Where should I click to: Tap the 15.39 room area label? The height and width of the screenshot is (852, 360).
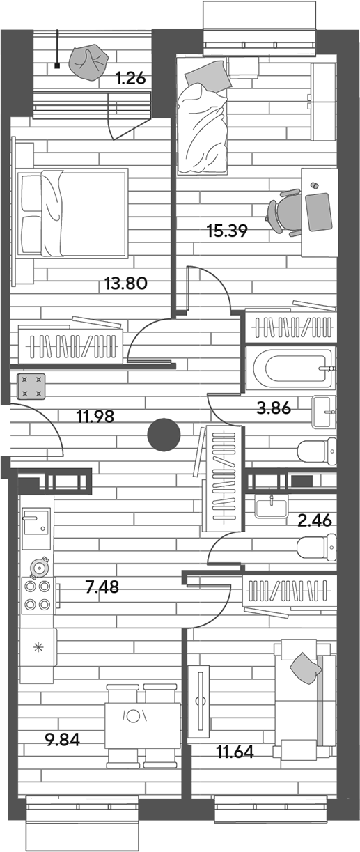click(x=227, y=231)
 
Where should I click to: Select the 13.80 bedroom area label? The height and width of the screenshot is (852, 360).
click(x=126, y=284)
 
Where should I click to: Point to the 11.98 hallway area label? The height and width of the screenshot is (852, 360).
click(x=95, y=417)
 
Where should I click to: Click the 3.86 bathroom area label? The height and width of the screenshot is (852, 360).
click(x=274, y=408)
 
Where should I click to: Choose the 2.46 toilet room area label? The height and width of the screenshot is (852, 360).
click(x=315, y=520)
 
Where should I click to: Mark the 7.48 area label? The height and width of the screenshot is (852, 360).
click(x=102, y=587)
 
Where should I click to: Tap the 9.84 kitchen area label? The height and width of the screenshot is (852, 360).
click(x=63, y=740)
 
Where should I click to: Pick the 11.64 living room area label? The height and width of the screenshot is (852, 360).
click(x=235, y=752)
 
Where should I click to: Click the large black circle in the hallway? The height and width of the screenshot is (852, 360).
click(x=164, y=435)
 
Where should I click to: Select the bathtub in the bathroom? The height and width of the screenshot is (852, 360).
click(x=291, y=369)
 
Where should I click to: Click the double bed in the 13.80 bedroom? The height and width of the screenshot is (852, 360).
click(x=72, y=213)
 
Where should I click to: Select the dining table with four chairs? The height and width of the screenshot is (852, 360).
click(x=142, y=725)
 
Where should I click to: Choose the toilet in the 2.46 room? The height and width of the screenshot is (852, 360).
click(x=316, y=548)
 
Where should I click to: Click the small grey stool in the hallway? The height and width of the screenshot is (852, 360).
click(x=31, y=387)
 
